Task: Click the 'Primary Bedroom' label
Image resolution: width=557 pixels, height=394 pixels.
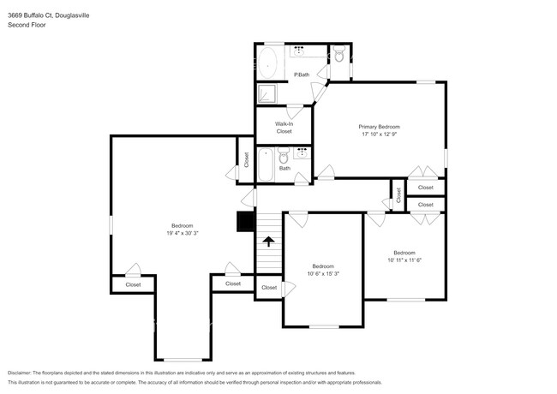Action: pos(379,127)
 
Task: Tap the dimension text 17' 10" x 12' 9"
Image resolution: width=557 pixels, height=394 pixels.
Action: pos(379,134)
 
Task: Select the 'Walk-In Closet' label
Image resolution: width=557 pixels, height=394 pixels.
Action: pos(284,128)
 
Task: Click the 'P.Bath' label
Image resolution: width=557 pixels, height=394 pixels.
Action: pos(301,75)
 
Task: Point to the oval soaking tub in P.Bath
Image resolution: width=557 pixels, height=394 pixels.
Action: pos(267,63)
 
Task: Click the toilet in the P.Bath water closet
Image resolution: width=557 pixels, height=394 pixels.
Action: pos(338,56)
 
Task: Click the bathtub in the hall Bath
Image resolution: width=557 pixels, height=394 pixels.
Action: pos(265,164)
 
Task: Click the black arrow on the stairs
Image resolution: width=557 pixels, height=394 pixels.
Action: pos(268,242)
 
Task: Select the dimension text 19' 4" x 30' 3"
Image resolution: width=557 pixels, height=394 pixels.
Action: pos(181,233)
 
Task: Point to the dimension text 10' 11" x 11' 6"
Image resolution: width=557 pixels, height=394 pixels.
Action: pos(404,260)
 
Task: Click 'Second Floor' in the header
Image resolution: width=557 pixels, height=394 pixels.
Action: pos(27,25)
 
